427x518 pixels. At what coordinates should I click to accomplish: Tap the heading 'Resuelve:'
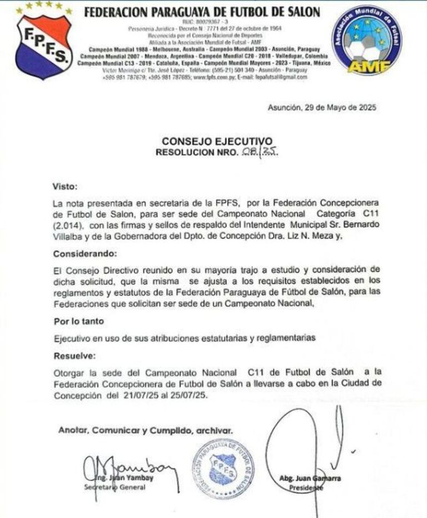[x=74, y=356]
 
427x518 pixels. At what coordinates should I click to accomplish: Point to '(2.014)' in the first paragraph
[x=68, y=226]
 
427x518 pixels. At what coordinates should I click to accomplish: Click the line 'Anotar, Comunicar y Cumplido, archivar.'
[x=145, y=430]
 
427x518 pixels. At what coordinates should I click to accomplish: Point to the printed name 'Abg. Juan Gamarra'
[x=310, y=478]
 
